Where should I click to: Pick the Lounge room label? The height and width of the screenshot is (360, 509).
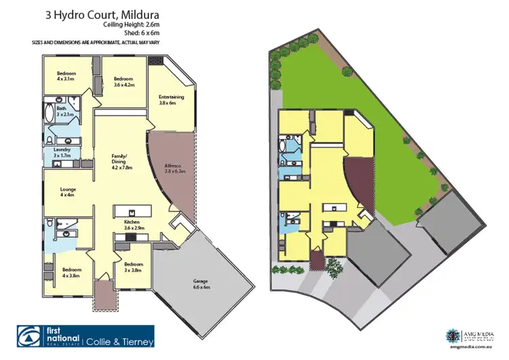pyautogui.click(x=67, y=192)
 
